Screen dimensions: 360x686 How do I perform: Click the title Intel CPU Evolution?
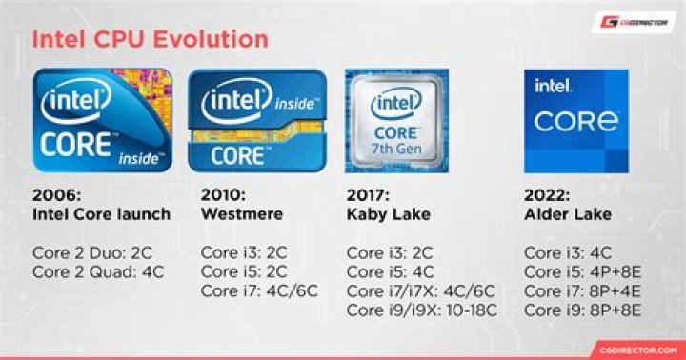click(x=151, y=40)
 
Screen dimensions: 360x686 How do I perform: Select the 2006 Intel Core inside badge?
click(x=103, y=120)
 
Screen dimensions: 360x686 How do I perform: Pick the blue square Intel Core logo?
click(x=575, y=121)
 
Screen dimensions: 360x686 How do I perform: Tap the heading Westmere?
click(x=242, y=213)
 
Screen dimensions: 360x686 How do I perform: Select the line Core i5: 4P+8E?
click(x=584, y=271)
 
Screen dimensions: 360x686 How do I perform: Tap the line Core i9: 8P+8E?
click(x=584, y=310)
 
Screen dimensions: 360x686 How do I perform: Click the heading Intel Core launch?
click(x=102, y=213)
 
